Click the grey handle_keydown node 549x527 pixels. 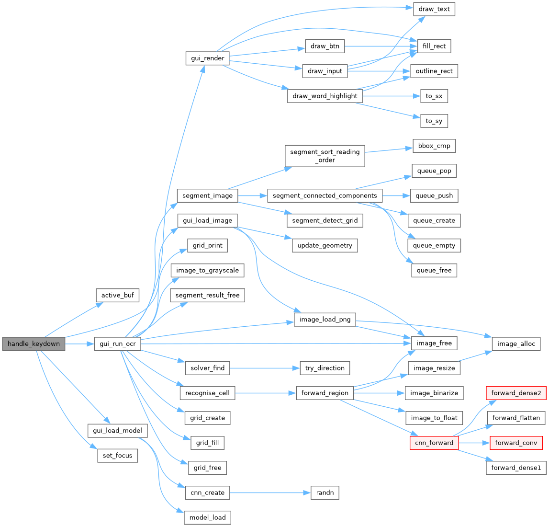point(34,344)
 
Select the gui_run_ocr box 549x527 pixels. point(117,344)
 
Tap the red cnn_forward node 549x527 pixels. point(434,443)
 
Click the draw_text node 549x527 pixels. point(434,9)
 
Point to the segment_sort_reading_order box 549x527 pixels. point(325,156)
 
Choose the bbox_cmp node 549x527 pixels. point(434,146)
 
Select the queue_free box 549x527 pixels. point(434,270)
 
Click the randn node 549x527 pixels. point(325,493)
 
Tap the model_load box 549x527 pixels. point(208,517)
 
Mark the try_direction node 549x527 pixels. point(325,368)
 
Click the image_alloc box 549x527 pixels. point(516,344)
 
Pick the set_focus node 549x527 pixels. point(117,455)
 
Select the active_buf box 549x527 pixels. point(117,295)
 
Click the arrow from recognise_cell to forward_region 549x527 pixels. point(263,393)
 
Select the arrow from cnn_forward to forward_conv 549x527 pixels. point(474,443)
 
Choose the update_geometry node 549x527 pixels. point(325,245)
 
